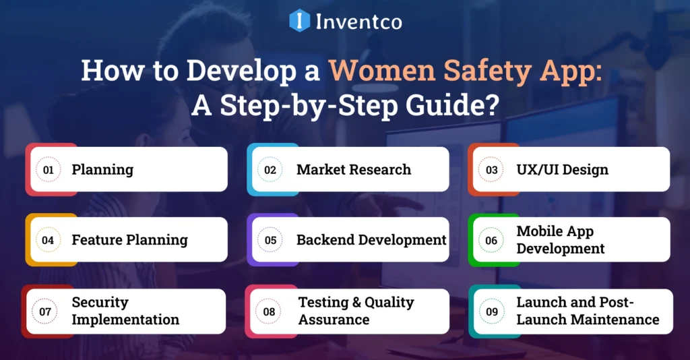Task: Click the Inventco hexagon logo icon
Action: tap(299, 20)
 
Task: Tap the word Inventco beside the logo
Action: tap(359, 21)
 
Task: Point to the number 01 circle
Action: tap(49, 170)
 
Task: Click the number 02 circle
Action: tap(270, 170)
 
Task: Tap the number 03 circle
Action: tap(492, 170)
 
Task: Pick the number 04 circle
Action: tap(49, 240)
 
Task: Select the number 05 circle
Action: tap(270, 240)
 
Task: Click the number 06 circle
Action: tap(492, 240)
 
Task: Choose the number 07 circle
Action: tap(46, 311)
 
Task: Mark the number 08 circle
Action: tap(270, 311)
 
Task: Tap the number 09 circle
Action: tap(493, 311)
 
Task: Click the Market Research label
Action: tap(354, 170)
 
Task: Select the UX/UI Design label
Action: tap(562, 170)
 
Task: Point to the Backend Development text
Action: tap(371, 240)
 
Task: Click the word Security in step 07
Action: tap(100, 303)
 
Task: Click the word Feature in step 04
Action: tap(97, 240)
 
